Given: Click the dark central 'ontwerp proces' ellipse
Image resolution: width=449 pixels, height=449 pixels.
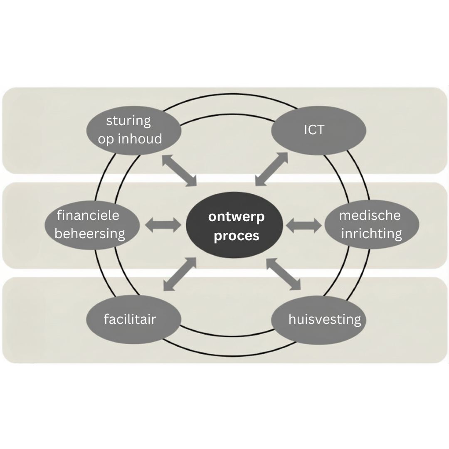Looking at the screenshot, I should point(235,225).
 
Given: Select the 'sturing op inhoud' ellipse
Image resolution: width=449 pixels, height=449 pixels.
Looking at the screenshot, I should point(134,130).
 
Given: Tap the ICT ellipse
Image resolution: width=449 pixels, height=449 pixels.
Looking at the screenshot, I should point(318,130).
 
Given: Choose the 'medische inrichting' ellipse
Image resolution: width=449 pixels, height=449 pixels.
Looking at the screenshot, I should point(371,225).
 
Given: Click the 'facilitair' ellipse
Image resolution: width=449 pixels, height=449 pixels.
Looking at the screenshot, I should point(133,319).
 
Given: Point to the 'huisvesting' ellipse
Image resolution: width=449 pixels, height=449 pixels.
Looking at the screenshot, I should point(319,319).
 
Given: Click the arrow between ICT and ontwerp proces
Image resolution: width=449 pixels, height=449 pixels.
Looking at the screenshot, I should point(271,168).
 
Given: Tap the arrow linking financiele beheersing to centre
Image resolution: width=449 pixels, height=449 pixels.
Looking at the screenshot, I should point(163,225).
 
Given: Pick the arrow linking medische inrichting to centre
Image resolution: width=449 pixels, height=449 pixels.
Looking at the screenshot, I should point(304,225).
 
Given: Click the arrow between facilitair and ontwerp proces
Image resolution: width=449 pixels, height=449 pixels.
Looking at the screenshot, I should point(180,274).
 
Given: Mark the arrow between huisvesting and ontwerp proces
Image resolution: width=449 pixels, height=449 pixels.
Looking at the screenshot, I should point(283,273).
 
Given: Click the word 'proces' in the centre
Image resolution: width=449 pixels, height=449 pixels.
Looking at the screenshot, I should point(237,236).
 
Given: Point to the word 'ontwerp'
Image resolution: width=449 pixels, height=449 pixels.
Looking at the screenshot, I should point(236,217).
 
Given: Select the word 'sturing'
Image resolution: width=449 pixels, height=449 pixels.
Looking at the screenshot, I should point(128,121).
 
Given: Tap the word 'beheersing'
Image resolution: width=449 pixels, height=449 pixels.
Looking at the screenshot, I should point(90,234).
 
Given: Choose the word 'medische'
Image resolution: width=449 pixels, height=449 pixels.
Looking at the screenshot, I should point(370,215).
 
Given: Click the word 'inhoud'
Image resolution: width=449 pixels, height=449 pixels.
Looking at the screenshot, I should point(140,139).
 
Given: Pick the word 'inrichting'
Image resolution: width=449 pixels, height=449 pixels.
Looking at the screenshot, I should point(371,234).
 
